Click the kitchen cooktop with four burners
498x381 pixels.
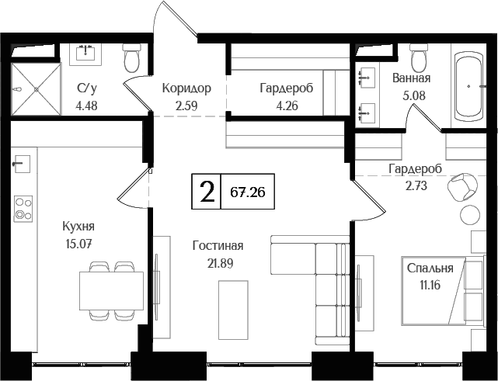coord(23,207)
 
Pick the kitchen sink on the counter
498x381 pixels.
coord(22,164)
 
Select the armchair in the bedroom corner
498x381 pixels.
coord(464,186)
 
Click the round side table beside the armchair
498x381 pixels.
coord(469,214)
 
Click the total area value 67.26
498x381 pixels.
coord(248,192)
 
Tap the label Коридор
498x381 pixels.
coord(186,88)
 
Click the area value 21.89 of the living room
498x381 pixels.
coord(218,262)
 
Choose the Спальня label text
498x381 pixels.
coord(430,268)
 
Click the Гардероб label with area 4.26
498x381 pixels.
coord(286,88)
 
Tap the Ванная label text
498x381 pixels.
coord(412,78)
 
